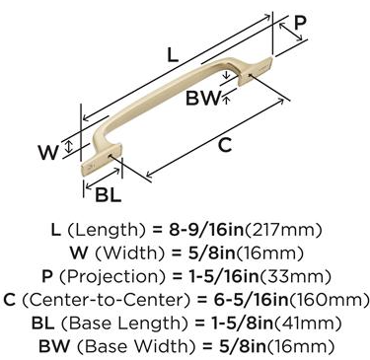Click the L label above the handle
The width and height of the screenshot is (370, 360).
click(x=173, y=55)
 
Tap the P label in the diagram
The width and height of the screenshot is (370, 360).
click(x=300, y=24)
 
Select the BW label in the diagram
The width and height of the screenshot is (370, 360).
click(x=202, y=98)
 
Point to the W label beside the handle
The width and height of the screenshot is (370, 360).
click(x=48, y=152)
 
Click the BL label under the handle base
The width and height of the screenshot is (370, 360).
click(x=109, y=194)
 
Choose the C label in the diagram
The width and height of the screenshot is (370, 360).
click(x=225, y=145)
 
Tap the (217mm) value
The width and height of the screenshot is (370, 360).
click(x=282, y=230)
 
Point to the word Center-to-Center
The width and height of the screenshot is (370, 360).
click(x=107, y=300)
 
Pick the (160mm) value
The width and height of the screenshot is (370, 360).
click(x=330, y=300)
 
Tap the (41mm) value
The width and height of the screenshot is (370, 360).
click(x=307, y=324)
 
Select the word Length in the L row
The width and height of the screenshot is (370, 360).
click(x=107, y=231)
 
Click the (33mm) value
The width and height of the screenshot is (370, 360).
click(x=295, y=277)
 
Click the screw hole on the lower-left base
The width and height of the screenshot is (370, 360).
click(x=111, y=155)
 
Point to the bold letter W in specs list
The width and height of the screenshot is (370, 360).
click(x=79, y=253)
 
